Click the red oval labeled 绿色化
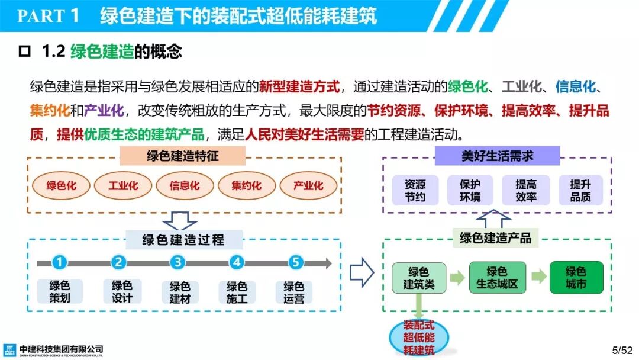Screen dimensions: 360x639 62,185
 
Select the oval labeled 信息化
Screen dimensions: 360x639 185,185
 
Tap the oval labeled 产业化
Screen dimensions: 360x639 308,185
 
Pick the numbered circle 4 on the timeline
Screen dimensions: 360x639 237,262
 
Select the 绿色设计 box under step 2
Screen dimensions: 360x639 122,292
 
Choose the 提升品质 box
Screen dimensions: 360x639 580,191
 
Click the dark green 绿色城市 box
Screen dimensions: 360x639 576,278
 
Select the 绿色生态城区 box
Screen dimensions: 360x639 497,278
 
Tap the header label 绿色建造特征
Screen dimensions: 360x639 183,156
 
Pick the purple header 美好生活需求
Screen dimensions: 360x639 497,156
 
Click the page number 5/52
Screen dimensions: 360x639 621,350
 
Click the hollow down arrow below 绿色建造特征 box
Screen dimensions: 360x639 180,221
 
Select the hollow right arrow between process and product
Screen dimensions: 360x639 362,273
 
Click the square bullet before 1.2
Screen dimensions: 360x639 24,52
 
